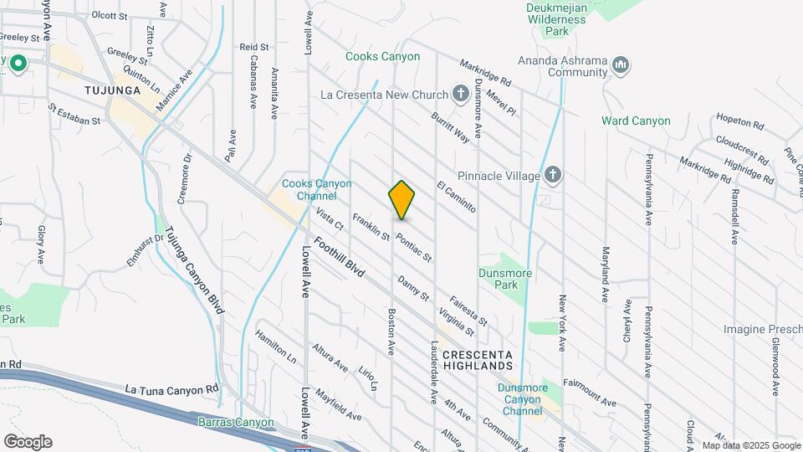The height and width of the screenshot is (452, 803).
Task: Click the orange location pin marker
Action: pos(401,200)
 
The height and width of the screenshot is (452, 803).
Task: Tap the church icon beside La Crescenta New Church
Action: pos(460,94)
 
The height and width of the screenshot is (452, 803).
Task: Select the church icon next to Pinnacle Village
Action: pos(551,176)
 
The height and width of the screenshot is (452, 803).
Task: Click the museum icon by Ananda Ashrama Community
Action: pos(620,64)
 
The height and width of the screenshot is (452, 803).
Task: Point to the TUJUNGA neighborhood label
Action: pos(110,89)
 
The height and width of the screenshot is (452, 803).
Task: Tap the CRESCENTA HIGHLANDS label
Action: pos(478,361)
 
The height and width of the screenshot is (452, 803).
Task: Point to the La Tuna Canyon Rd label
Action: pos(171,389)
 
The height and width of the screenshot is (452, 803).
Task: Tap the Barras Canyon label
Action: pos(236,422)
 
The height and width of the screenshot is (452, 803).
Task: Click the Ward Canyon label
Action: pos(636,121)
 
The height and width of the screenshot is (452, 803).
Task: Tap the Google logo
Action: pos(28,441)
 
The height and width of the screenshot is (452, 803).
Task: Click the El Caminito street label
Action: pos(455,197)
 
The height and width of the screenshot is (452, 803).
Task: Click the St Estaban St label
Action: pos(74,114)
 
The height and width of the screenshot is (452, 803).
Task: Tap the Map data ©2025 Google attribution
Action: pos(750,445)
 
